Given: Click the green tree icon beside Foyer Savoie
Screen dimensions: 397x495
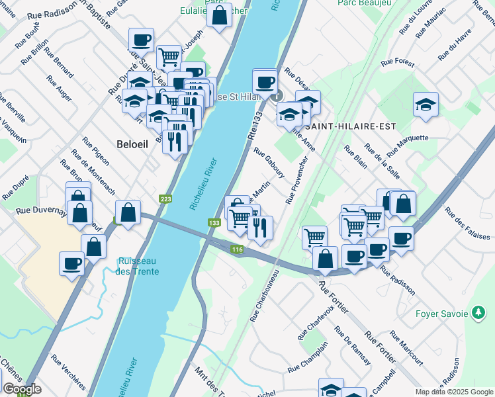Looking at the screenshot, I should pos(478,313).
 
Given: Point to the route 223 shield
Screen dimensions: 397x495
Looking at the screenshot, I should pos(165,198).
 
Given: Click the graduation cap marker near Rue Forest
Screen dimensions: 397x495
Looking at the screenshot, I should pos(426,105).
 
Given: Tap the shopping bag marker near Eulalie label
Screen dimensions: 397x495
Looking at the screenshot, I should pos(220,15).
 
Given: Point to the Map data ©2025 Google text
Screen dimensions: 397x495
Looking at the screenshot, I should pos(454,392).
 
